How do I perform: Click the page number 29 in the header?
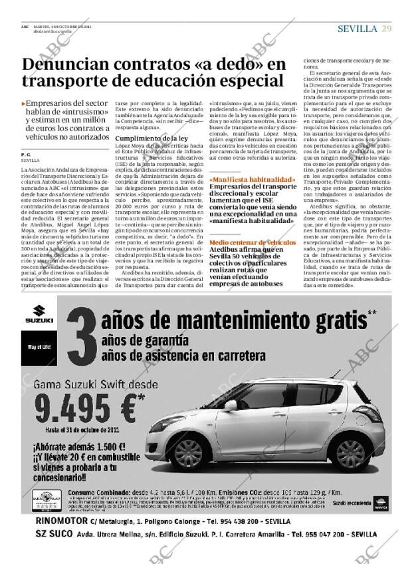click(386, 28)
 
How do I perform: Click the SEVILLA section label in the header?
click(358, 28)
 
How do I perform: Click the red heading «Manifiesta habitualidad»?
click(252, 180)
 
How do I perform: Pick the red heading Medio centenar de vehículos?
click(252, 242)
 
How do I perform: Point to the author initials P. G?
click(26, 154)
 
